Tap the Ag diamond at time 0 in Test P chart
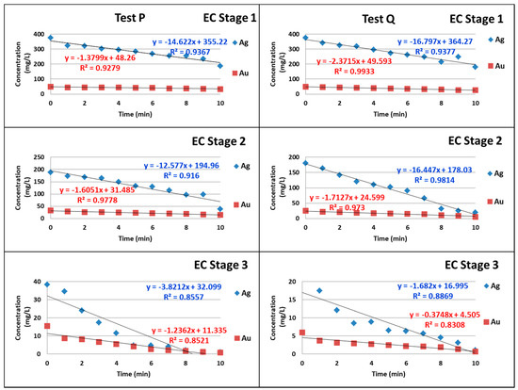click(x=50, y=39)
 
